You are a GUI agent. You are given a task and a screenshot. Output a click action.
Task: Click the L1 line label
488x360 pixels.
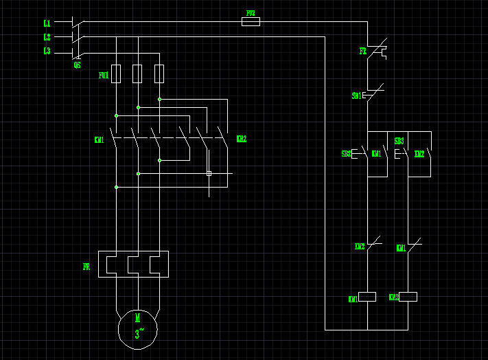(x=47, y=23)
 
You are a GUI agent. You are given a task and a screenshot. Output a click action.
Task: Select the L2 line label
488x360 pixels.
(x=47, y=37)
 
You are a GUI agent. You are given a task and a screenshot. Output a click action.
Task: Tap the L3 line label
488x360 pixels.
(x=47, y=51)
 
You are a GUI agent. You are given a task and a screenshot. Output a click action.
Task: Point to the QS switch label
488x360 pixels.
(x=77, y=65)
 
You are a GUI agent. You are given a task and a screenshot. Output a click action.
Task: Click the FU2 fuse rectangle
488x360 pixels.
(x=251, y=22)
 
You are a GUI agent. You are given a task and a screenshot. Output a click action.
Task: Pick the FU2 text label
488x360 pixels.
(x=251, y=13)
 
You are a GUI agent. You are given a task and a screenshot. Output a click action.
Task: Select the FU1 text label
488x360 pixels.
(x=103, y=75)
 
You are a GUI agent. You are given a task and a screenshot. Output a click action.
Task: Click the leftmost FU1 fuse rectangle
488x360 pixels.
(x=116, y=74)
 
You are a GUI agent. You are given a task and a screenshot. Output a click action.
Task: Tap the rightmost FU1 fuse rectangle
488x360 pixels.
(x=159, y=74)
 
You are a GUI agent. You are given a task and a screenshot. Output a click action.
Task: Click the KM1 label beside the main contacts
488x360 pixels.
(x=99, y=140)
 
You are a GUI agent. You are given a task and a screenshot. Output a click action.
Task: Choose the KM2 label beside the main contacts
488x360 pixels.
(x=241, y=139)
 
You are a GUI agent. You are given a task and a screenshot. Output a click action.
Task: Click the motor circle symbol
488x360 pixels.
(x=137, y=328)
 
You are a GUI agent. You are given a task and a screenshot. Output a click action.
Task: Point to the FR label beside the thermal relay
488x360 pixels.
(x=86, y=267)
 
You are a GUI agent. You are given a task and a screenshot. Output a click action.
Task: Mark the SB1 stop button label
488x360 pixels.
(x=356, y=96)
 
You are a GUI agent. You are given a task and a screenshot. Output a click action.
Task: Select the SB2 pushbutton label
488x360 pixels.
(x=346, y=154)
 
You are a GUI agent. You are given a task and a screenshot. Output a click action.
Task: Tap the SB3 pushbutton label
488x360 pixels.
(x=399, y=142)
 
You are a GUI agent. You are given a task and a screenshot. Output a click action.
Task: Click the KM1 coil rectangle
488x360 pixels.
(x=368, y=297)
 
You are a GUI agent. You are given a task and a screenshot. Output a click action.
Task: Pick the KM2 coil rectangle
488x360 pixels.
(x=408, y=297)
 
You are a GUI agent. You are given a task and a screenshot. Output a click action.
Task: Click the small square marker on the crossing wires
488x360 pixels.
(x=209, y=173)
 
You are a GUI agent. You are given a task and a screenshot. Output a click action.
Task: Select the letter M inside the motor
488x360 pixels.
(x=137, y=317)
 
